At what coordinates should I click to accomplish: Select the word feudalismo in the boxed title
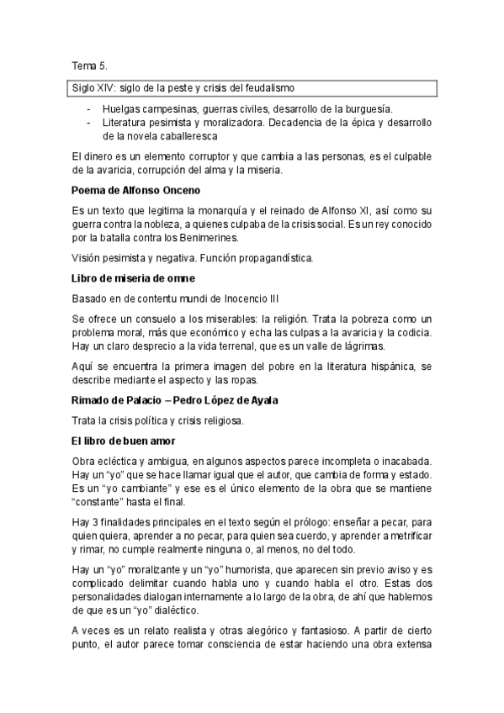[268, 87]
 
